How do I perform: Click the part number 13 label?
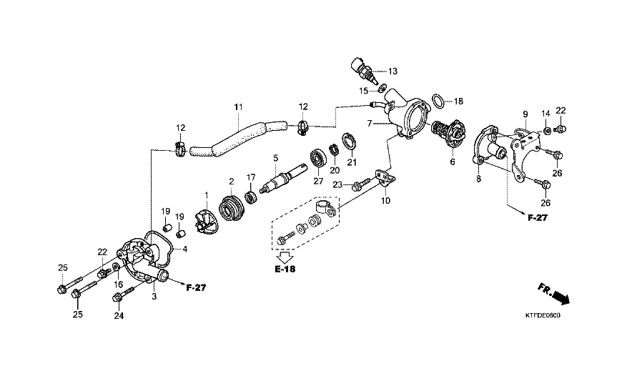(393, 71)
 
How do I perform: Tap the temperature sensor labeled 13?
(363, 71)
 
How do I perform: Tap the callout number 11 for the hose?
(238, 107)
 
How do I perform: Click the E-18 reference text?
(285, 269)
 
